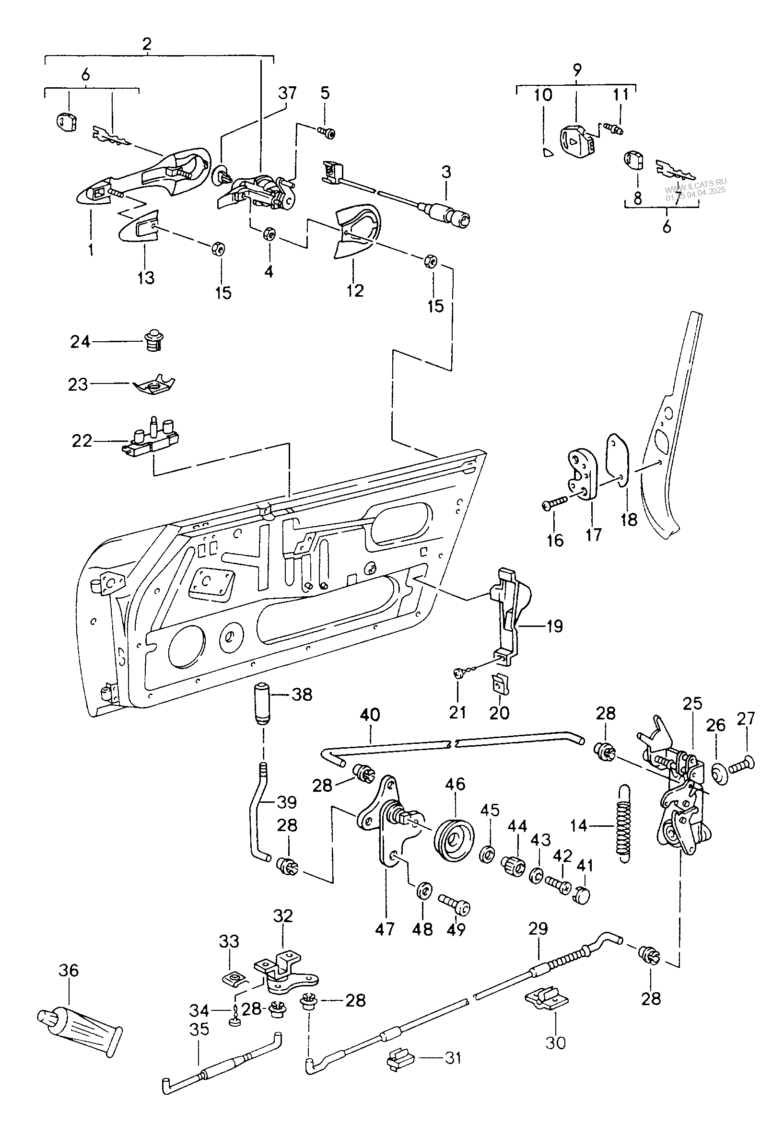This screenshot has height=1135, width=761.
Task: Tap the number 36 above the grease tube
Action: (69, 971)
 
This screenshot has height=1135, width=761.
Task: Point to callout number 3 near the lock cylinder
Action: (446, 172)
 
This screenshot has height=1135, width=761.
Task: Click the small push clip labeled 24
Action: (155, 341)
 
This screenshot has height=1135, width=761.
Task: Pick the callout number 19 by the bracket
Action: (553, 625)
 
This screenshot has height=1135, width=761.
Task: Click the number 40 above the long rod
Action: (370, 715)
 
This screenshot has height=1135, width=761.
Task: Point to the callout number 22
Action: (82, 441)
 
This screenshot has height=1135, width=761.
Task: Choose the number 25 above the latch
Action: (692, 703)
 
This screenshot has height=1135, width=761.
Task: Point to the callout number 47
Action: (385, 929)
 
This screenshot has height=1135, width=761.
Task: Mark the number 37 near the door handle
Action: (287, 92)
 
